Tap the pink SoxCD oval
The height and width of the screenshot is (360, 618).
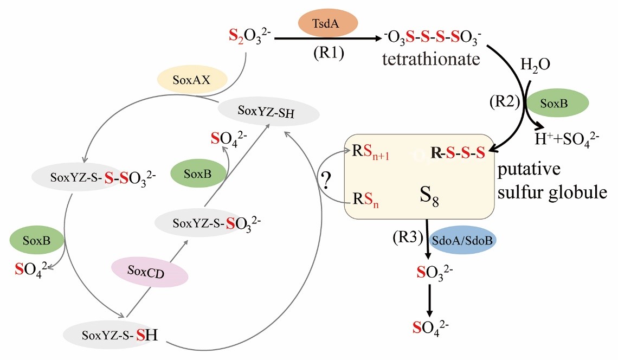tap(149, 272)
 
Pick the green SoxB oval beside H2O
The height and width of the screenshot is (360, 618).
tap(552, 104)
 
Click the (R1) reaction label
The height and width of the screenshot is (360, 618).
tap(329, 54)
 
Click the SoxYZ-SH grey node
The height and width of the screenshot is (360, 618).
tap(268, 112)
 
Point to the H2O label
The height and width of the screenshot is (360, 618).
tap(535, 65)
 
